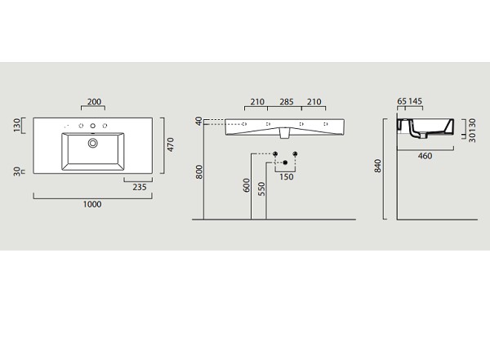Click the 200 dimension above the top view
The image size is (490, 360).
pos(94,101)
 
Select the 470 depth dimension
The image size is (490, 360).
pos(171,144)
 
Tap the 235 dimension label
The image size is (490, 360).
pos(140,187)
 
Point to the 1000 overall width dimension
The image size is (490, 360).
pos(92,204)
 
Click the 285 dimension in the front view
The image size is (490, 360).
pos(287,101)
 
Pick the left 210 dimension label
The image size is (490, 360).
pos(257,101)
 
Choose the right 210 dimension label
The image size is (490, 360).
pos(314,101)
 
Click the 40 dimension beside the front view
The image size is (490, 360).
pos(198,121)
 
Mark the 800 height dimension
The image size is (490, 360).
pos(199,172)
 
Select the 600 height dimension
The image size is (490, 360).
pos(247,185)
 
